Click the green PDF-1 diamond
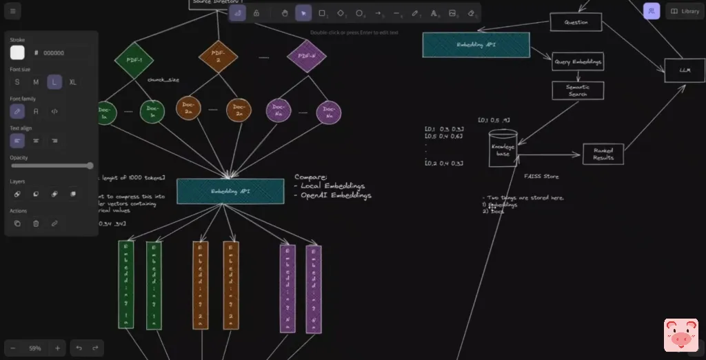point(134,59)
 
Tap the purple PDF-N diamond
point(306,56)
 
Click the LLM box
point(684,70)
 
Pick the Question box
point(576,22)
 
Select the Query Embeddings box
point(578,62)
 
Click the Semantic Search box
point(578,90)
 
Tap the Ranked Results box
point(603,154)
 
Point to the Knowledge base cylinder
point(503,149)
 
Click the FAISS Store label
point(541,177)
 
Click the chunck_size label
point(163,80)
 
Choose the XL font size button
point(72,82)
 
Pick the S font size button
point(17,82)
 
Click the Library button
point(685,11)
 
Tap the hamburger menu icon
point(12,11)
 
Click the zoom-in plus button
point(57,348)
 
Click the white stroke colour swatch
point(17,52)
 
